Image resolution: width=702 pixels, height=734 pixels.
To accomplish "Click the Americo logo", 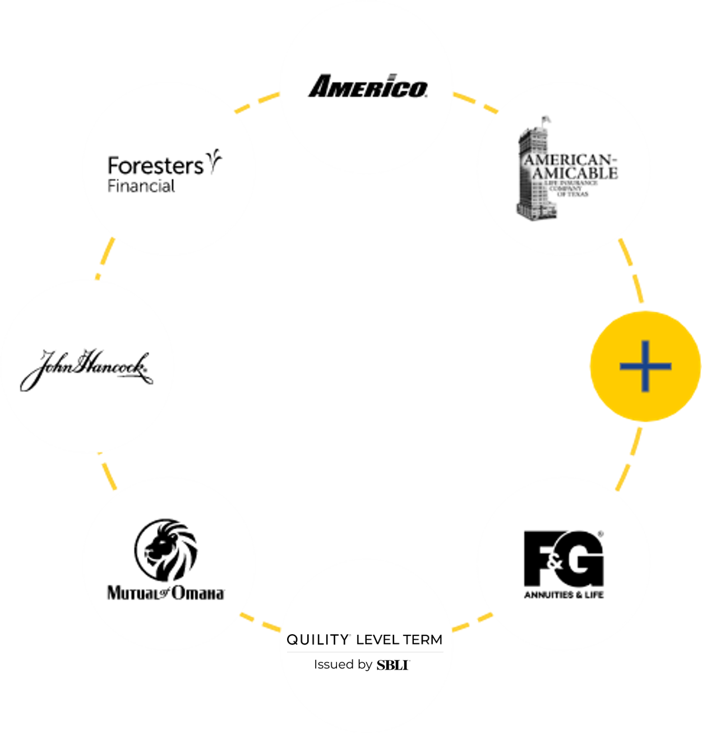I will (367, 87).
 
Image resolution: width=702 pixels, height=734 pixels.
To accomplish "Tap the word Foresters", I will (155, 166).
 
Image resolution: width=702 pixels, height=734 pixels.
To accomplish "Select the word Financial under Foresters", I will (141, 186).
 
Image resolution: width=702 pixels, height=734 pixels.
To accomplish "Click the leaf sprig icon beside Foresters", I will (214, 160).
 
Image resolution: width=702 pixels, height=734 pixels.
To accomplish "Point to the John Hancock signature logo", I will (86, 368).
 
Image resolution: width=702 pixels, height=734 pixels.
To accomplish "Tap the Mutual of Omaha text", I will (166, 593).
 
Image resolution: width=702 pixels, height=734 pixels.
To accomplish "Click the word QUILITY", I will (317, 640).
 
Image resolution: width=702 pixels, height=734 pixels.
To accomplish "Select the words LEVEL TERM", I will (399, 640).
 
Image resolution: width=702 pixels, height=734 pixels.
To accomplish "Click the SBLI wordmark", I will (392, 665).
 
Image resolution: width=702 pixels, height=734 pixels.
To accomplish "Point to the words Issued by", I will (343, 665).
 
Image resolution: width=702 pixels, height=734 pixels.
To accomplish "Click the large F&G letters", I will (563, 559).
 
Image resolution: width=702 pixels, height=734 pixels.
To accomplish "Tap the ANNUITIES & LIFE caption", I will (564, 595).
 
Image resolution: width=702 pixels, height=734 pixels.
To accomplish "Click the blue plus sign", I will (645, 366).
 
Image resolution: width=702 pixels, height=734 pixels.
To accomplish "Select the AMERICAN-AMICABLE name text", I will (571, 167).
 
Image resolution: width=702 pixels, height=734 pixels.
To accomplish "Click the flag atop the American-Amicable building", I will (545, 119).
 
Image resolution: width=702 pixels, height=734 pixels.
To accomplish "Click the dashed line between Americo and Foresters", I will (257, 102).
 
